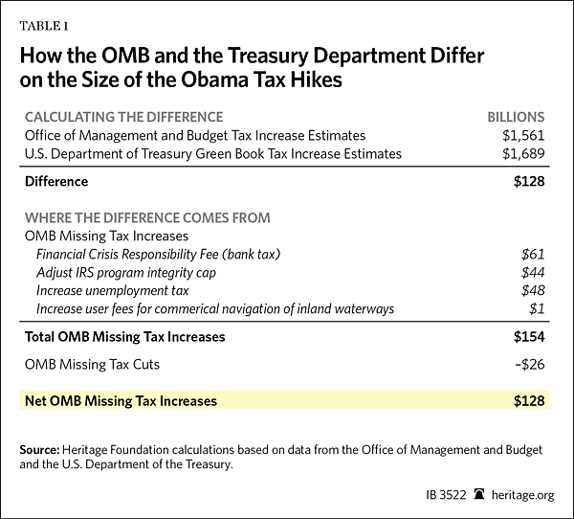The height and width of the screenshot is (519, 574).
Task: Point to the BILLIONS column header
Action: pyautogui.click(x=518, y=117)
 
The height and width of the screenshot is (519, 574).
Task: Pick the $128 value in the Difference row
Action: pyautogui.click(x=529, y=181)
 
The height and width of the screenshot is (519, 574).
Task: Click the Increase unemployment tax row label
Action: pyautogui.click(x=112, y=290)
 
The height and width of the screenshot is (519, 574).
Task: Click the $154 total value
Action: pyautogui.click(x=529, y=336)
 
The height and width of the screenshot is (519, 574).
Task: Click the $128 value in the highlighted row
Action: pyautogui.click(x=529, y=401)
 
